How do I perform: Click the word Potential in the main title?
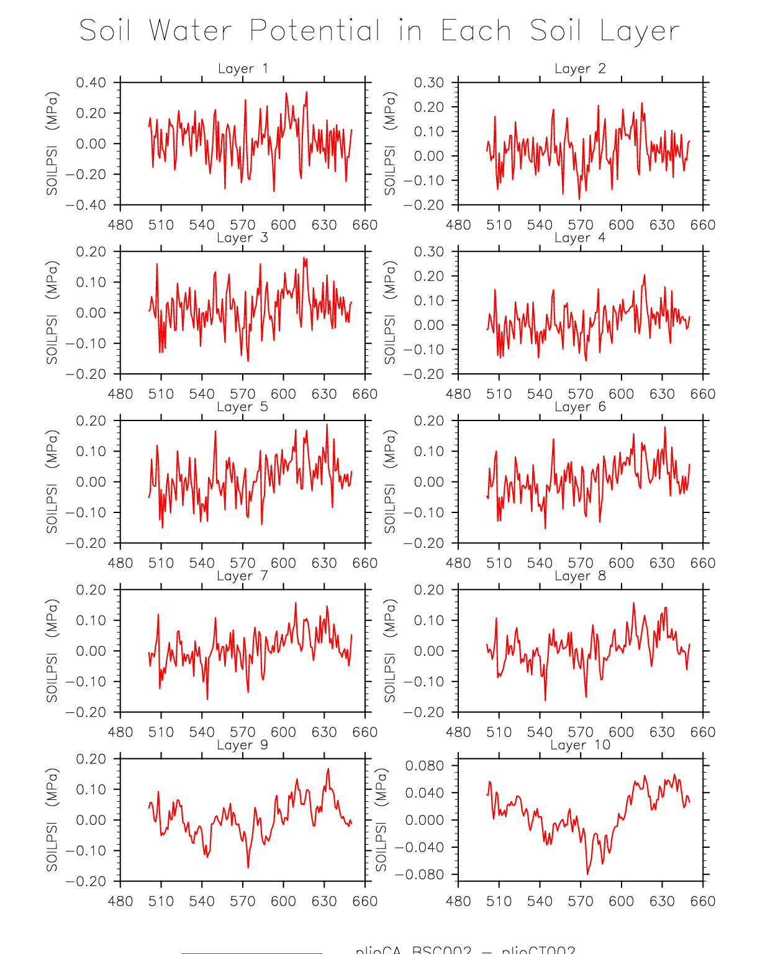315,31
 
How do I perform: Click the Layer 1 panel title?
243,68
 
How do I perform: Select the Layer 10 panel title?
581,745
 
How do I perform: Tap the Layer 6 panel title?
580,407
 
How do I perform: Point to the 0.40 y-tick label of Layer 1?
91,83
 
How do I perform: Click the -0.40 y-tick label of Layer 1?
86,205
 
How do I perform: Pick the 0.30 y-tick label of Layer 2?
428,83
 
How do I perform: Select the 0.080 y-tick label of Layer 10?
425,765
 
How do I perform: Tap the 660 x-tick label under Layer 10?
703,901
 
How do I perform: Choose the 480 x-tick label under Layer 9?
120,901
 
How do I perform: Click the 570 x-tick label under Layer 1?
243,225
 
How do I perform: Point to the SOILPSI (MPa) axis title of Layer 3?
52,312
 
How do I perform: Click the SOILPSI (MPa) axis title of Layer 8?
389,650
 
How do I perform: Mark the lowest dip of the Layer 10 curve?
587,874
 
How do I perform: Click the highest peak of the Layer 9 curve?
328,769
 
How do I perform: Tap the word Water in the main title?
191,31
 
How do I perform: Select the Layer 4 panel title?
580,238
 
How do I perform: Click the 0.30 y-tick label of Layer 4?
428,252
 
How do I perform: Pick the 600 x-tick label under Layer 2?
621,225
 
